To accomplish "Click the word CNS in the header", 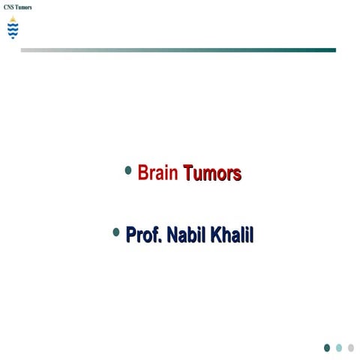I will [10, 7].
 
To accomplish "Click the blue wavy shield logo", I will [12, 30].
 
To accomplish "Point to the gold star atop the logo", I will [12, 19].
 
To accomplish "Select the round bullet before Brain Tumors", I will [128, 171].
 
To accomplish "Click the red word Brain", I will [157, 174].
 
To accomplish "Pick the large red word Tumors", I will [212, 174].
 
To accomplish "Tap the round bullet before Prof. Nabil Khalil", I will [116, 232].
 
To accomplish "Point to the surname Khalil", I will [232, 235].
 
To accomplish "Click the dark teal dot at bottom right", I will [327, 347].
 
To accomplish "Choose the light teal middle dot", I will [339, 347].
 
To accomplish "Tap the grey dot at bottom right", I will [350, 347].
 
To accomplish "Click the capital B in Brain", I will [143, 174].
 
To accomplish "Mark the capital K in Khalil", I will [217, 235].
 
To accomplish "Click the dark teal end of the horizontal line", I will [330, 50].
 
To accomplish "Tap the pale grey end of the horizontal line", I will [26, 50].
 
